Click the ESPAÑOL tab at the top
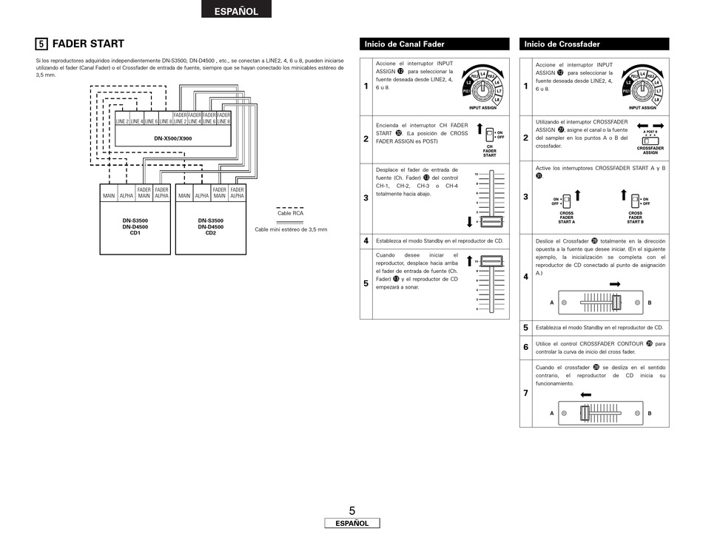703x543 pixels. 237,11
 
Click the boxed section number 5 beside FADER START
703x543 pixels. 42,44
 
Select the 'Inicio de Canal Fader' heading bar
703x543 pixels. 434,44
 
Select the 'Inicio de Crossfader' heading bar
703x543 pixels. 593,44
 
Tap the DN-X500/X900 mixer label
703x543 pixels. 172,138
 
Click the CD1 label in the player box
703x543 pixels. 135,233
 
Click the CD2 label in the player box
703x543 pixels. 210,233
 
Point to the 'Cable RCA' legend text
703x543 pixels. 290,213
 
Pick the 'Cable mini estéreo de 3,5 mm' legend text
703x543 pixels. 291,229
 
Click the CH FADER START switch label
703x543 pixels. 489,152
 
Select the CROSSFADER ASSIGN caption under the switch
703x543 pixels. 650,150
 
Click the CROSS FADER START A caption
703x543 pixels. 566,217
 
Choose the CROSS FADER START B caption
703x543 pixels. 635,217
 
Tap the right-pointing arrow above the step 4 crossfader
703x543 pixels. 614,284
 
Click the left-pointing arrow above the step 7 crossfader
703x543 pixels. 586,395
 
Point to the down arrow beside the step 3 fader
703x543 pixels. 470,221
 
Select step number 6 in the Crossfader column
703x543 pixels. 525,347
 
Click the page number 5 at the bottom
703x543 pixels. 352,510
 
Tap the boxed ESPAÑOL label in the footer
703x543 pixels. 352,523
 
